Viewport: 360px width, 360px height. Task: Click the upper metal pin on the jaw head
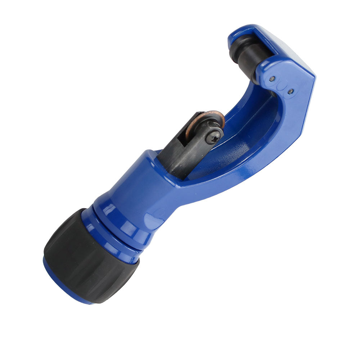point(273,78)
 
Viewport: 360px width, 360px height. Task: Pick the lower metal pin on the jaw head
point(290,91)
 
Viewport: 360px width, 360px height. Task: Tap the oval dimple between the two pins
point(281,85)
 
